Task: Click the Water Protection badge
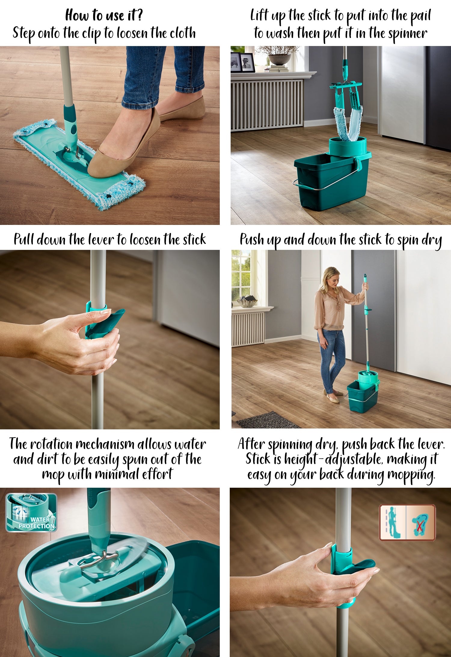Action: (31, 512)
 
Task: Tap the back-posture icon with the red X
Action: (420, 522)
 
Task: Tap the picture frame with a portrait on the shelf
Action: (247, 63)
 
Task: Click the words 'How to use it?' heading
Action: (104, 15)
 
